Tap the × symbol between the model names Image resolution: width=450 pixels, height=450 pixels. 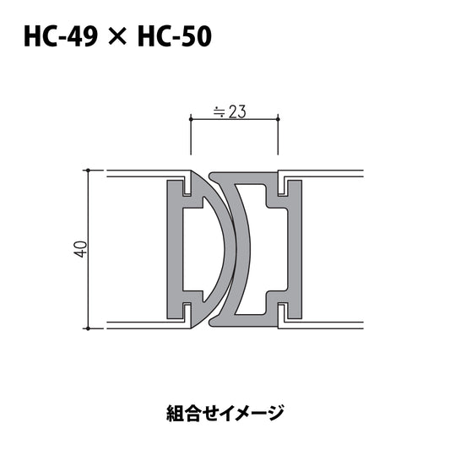(x=117, y=36)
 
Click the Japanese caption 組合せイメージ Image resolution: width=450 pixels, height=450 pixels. (x=225, y=414)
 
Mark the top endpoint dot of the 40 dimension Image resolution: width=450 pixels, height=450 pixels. (x=89, y=171)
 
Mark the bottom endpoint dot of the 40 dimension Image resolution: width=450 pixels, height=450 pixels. (x=89, y=326)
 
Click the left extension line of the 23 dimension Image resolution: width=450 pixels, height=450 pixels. (x=190, y=144)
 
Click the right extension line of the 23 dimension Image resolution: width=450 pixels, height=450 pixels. (x=279, y=144)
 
